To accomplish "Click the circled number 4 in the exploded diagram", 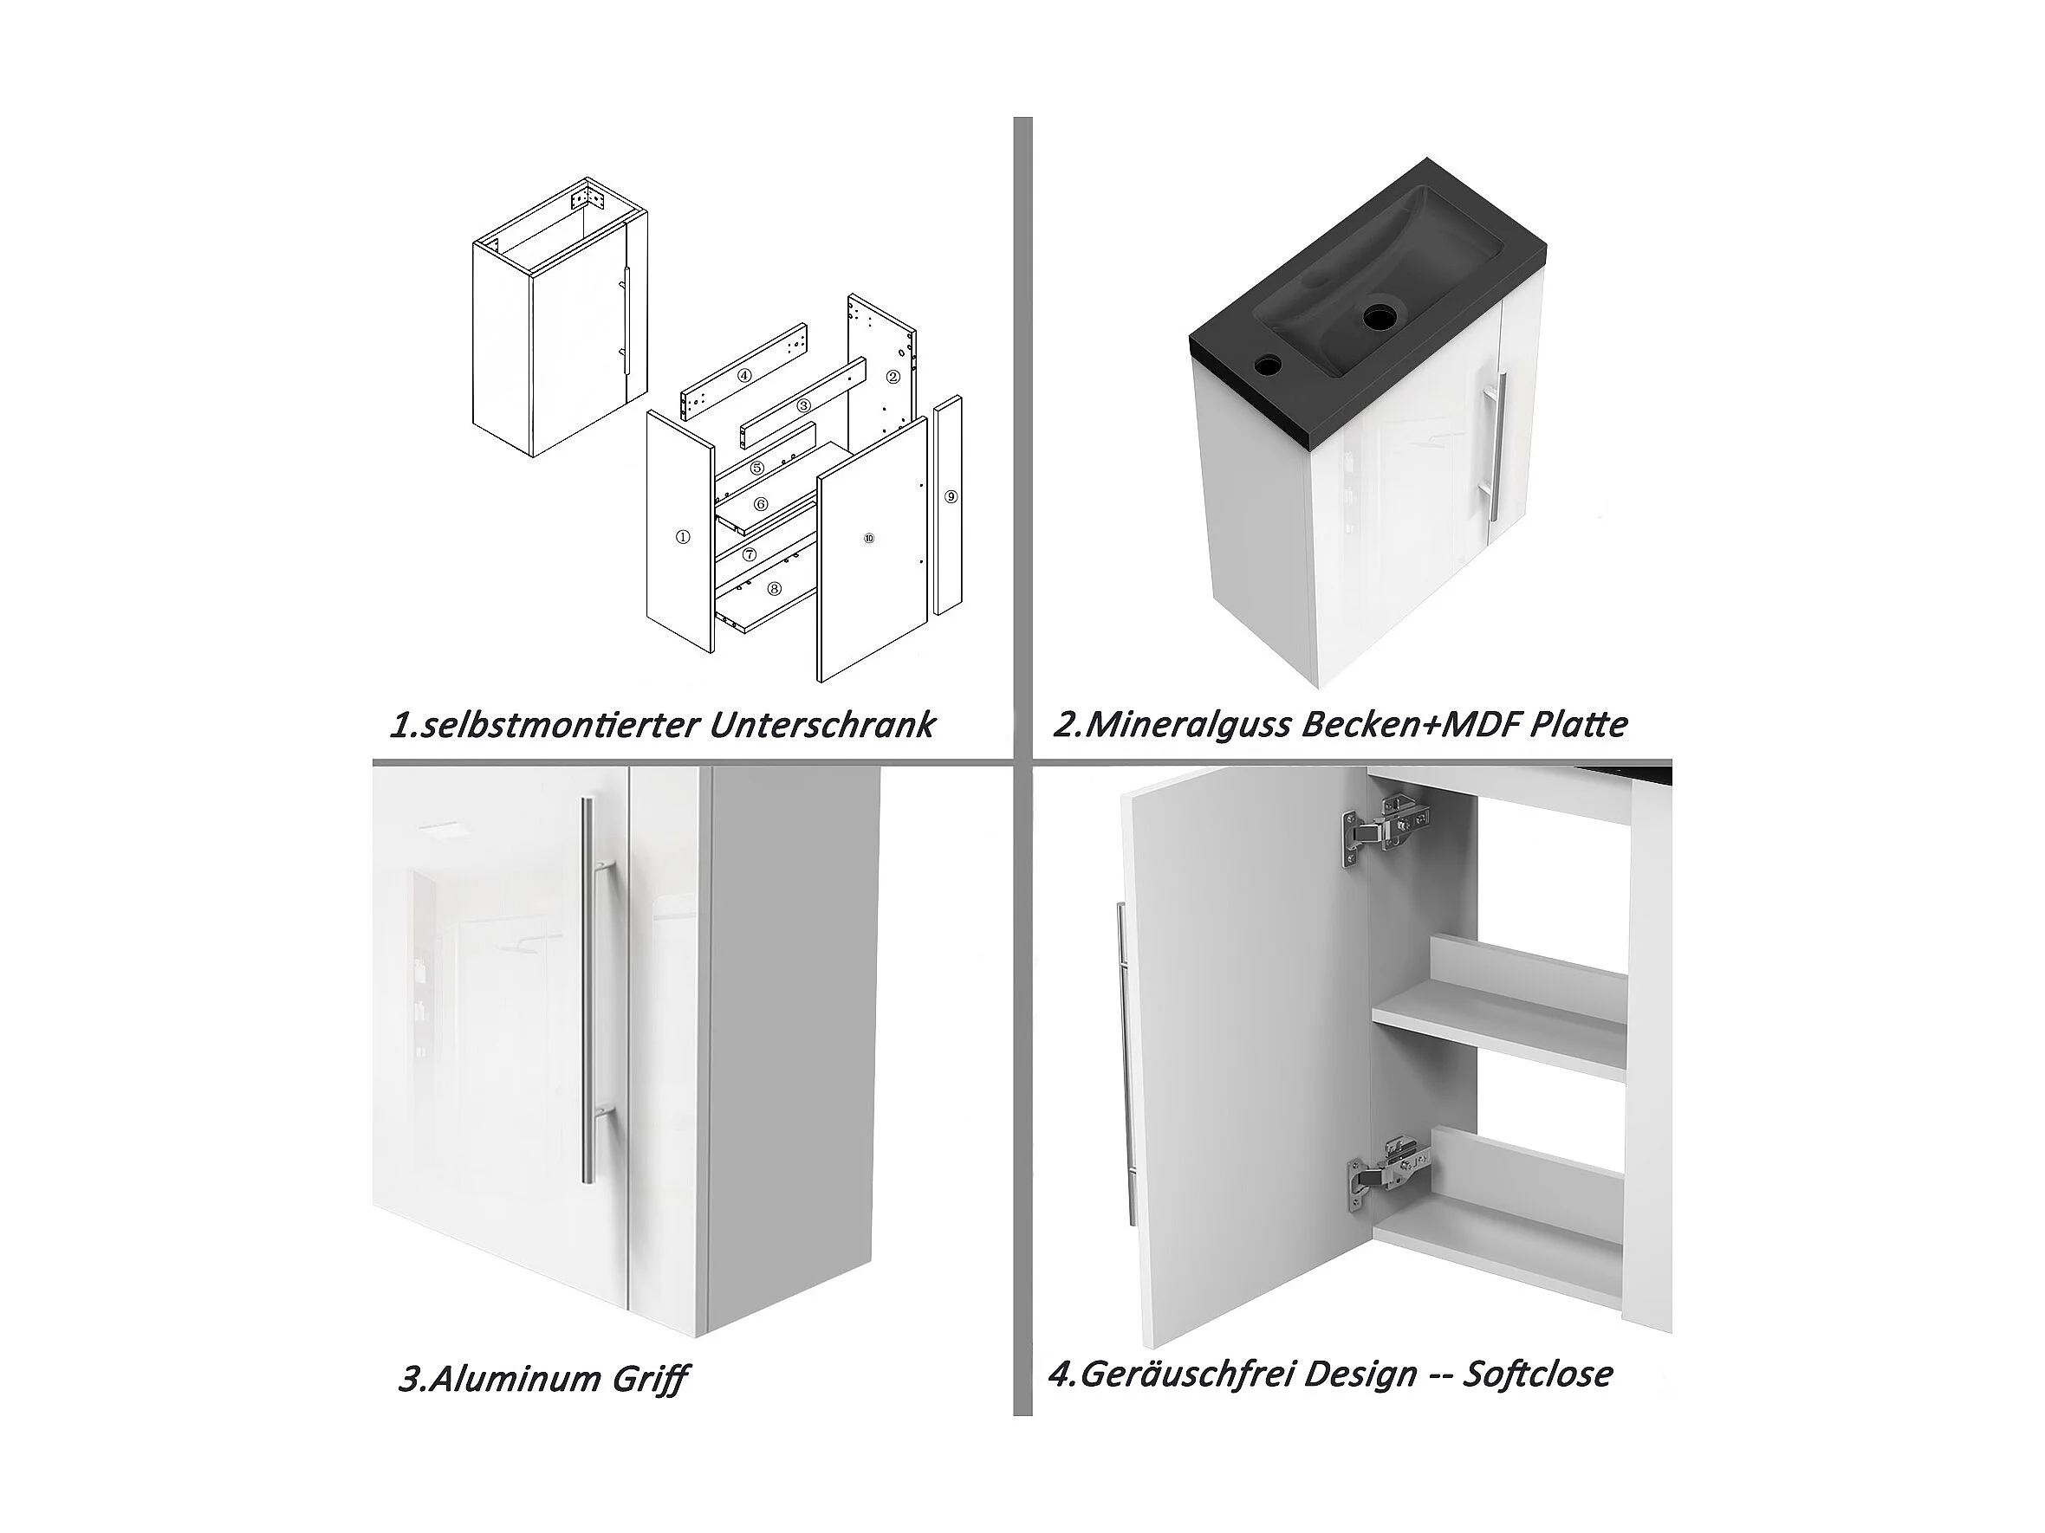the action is click(x=744, y=376).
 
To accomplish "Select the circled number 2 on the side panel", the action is click(x=893, y=376).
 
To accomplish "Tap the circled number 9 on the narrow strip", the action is click(x=951, y=496).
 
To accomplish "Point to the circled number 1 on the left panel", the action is click(x=682, y=536).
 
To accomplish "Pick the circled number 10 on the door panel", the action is click(x=868, y=538).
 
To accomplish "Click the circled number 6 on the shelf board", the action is click(x=761, y=503).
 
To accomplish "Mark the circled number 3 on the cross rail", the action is click(x=803, y=404).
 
